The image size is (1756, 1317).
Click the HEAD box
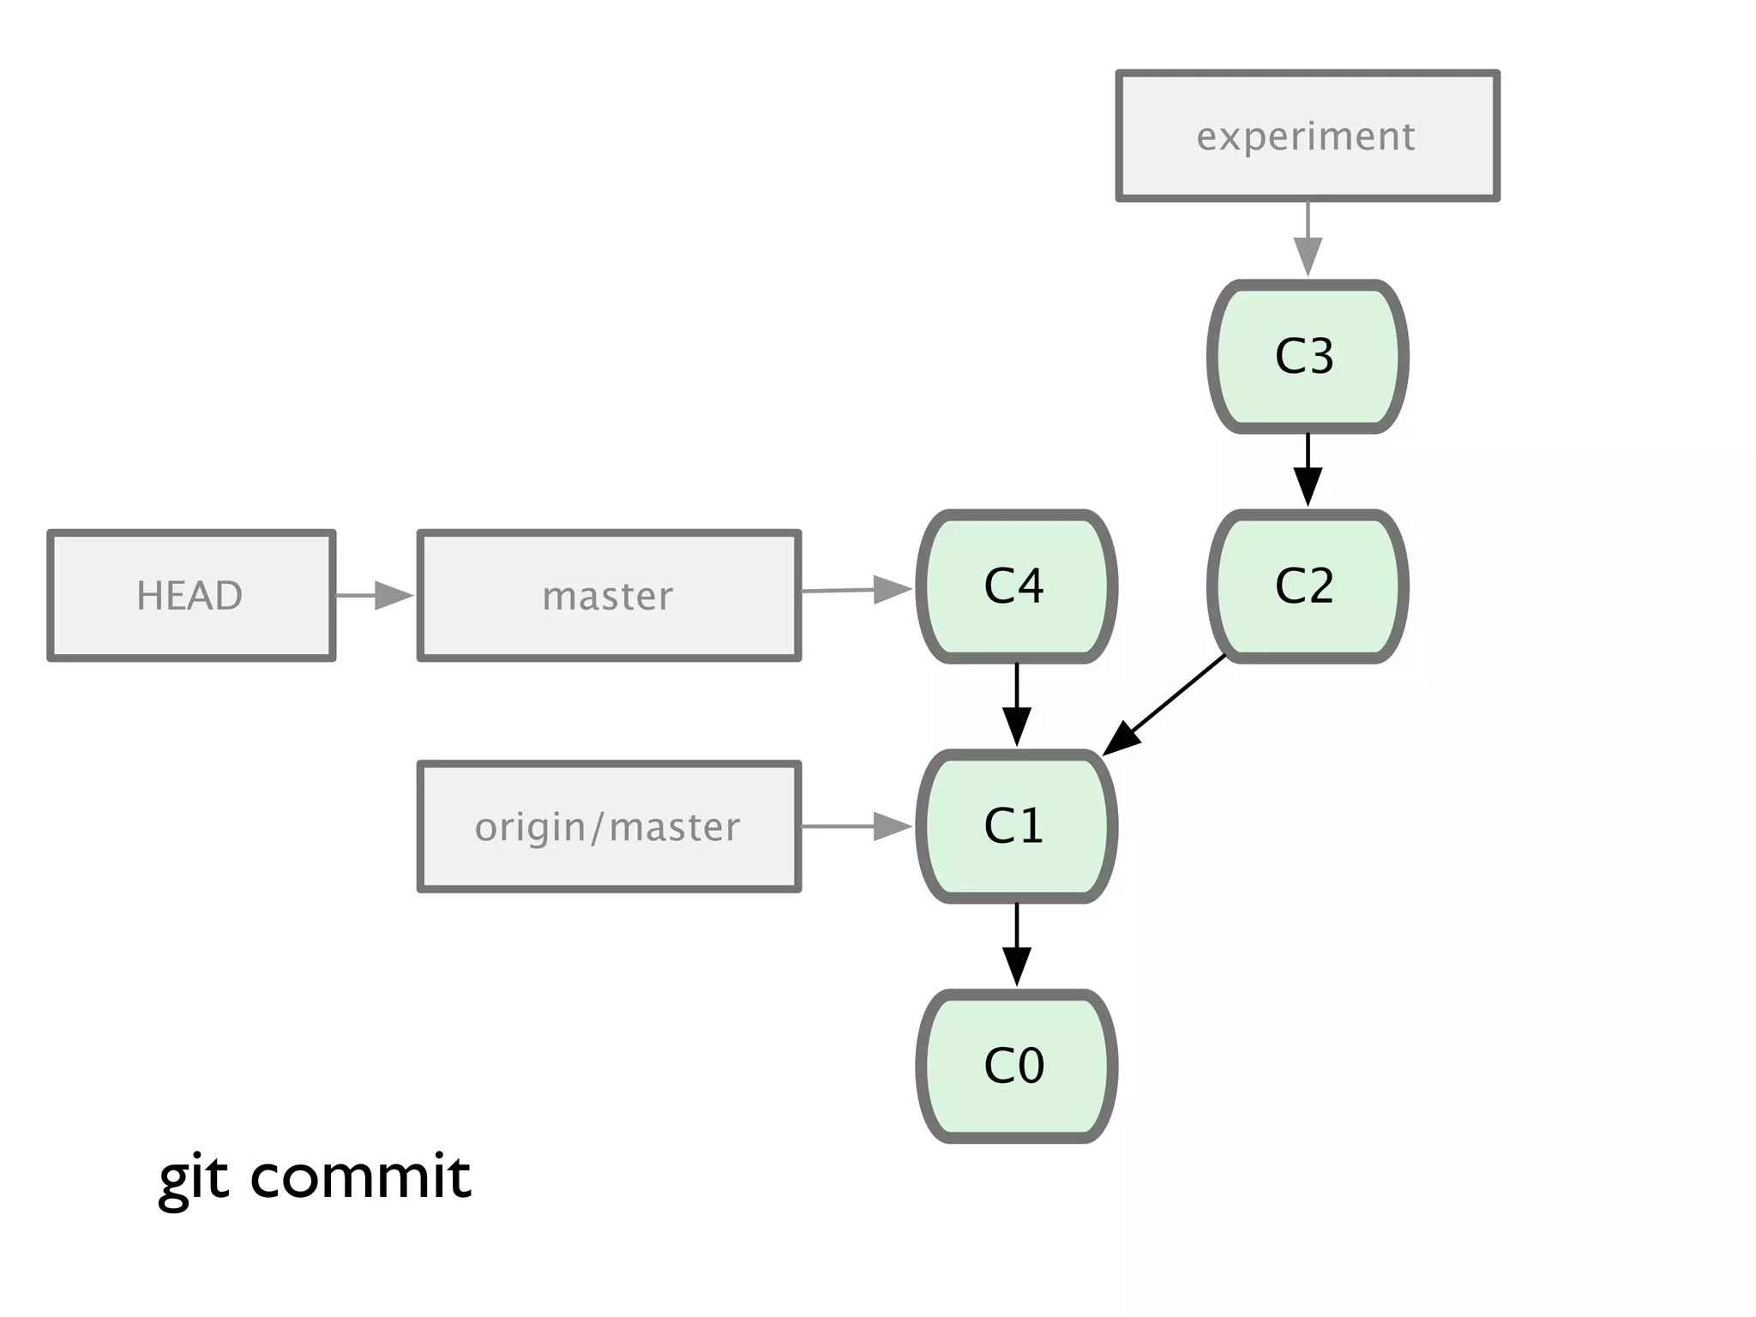pyautogui.click(x=190, y=595)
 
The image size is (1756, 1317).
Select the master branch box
pyautogui.click(x=609, y=595)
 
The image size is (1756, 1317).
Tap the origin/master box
pyautogui.click(x=609, y=827)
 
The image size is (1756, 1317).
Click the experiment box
pyautogui.click(x=1307, y=136)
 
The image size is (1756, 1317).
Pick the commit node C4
pyautogui.click(x=1016, y=586)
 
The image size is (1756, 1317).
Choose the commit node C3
pyautogui.click(x=1307, y=356)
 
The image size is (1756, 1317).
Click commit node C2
pyautogui.click(x=1307, y=586)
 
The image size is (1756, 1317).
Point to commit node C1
pyautogui.click(x=1016, y=826)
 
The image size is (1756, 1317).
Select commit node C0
pyautogui.click(x=1016, y=1066)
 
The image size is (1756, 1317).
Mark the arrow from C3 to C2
pyautogui.click(x=1308, y=470)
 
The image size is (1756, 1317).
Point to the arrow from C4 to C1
pyautogui.click(x=1017, y=704)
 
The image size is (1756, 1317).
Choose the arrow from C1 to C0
pyautogui.click(x=1017, y=944)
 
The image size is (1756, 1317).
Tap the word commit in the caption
pyautogui.click(x=360, y=1176)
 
